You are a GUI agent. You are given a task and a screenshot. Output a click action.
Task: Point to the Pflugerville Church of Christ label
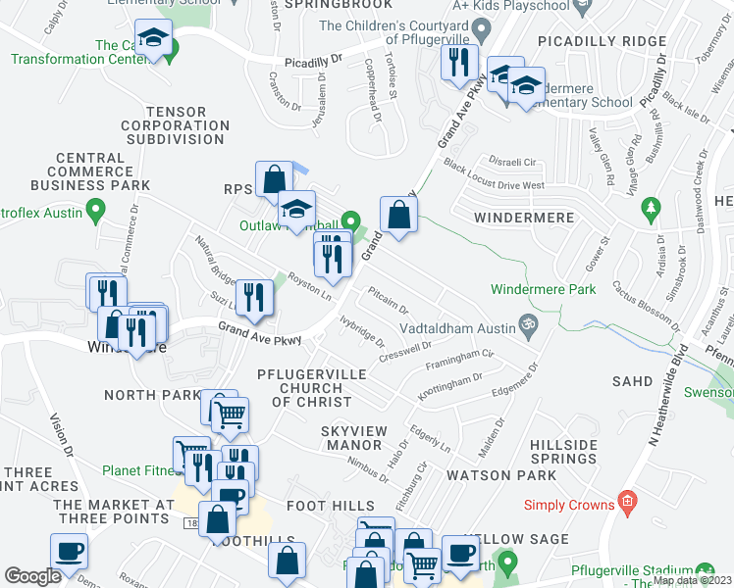(311, 388)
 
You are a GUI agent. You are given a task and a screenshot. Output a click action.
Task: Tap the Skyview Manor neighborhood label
(354, 438)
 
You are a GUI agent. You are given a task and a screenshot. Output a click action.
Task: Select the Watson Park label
(500, 475)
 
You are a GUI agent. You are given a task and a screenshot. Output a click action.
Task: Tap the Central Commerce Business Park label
(90, 171)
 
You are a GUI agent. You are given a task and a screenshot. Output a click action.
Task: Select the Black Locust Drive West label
(493, 175)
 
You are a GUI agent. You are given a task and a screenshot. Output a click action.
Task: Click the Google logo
(32, 575)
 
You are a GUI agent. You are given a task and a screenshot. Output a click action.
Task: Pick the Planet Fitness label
(137, 469)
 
